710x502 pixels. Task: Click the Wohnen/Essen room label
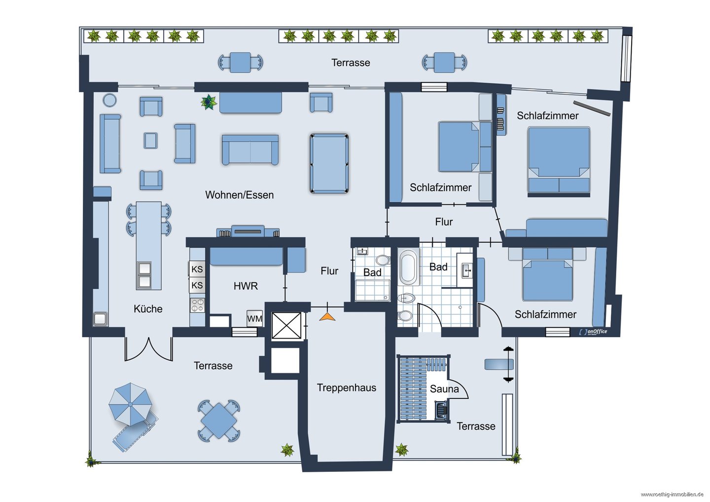239,195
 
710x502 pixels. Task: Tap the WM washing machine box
254,318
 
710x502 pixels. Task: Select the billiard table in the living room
329,163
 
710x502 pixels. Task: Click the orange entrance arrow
327,317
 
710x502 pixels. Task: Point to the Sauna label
444,389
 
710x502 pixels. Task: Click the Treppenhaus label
347,387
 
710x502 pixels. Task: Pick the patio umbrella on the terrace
130,404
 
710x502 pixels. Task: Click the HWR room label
246,286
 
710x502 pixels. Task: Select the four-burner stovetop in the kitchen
197,305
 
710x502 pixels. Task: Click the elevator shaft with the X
286,325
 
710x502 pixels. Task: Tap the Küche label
148,309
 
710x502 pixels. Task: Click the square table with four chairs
219,421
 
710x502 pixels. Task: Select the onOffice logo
593,332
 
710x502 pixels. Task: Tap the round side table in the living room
109,100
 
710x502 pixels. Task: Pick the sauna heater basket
441,410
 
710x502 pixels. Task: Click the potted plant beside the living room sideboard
209,102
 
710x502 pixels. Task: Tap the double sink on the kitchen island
144,275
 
